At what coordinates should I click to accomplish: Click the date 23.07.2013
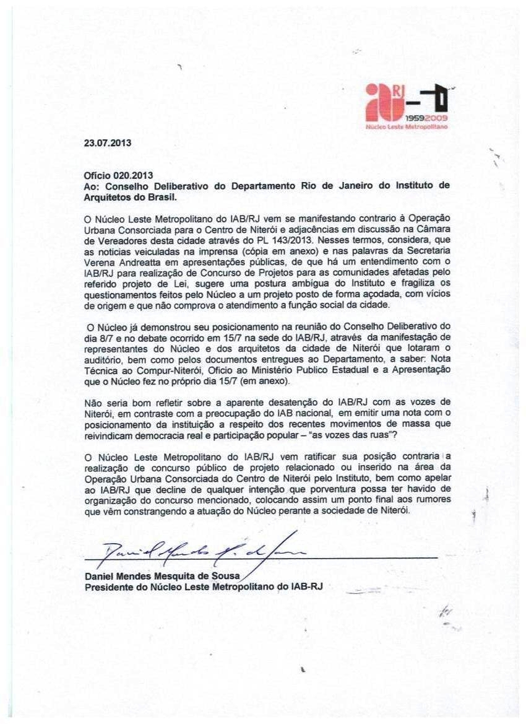pos(108,143)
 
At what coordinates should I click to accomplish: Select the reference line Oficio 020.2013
pos(118,175)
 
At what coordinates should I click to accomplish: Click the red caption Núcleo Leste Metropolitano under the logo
pos(407,126)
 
